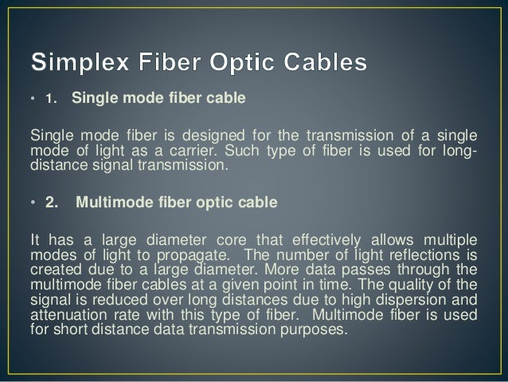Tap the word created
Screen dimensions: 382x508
(x=52, y=269)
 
